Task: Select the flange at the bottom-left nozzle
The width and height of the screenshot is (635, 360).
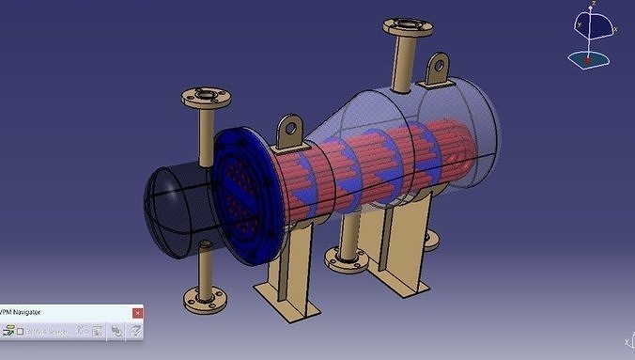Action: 204,303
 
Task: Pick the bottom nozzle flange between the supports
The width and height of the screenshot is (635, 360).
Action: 348,258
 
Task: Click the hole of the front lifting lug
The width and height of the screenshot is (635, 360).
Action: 291,126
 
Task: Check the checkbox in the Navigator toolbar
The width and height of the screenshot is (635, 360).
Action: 28,331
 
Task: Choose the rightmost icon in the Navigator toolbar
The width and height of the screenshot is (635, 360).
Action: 135,331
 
